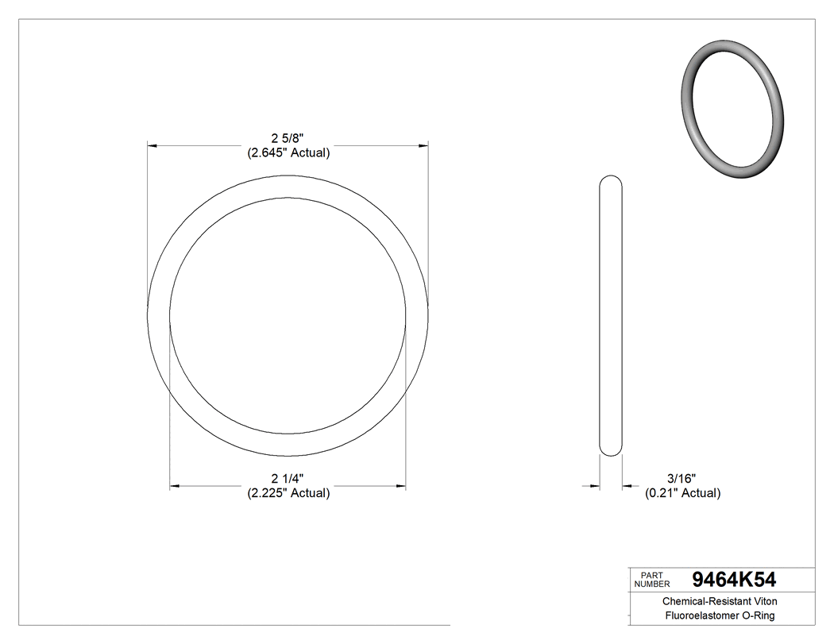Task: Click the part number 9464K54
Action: [x=733, y=579]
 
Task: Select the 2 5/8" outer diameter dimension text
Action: [x=288, y=138]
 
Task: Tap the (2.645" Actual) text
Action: [x=288, y=152]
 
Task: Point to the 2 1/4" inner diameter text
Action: [x=288, y=478]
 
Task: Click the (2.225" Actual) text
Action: [x=288, y=493]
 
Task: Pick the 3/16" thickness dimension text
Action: [x=681, y=478]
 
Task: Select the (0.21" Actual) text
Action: [x=681, y=493]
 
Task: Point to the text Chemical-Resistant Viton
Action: [x=720, y=602]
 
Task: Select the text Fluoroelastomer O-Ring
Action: [x=720, y=616]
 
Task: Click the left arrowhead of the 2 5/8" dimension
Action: [x=153, y=145]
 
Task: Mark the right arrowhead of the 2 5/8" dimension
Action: [x=423, y=145]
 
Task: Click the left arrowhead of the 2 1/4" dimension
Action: [x=176, y=485]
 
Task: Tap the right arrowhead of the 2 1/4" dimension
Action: [x=400, y=485]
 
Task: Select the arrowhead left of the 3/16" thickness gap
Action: [x=594, y=485]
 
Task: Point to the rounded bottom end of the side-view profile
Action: [x=610, y=451]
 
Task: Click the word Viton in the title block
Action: [x=763, y=602]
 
